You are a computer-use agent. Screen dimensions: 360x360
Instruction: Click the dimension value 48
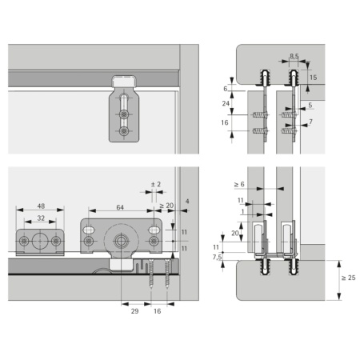(x=41, y=206)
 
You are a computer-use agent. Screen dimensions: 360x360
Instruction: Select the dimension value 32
(x=41, y=218)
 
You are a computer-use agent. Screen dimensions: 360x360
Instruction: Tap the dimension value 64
(x=120, y=207)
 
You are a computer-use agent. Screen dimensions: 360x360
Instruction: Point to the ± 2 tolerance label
(x=156, y=184)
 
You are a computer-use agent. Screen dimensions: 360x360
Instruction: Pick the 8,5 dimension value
(x=294, y=56)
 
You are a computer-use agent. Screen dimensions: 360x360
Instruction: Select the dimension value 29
(x=134, y=311)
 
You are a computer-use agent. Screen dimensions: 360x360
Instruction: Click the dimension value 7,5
(x=218, y=257)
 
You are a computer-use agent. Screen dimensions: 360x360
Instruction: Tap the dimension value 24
(x=226, y=103)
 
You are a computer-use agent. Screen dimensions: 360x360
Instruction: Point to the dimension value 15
(x=314, y=78)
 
